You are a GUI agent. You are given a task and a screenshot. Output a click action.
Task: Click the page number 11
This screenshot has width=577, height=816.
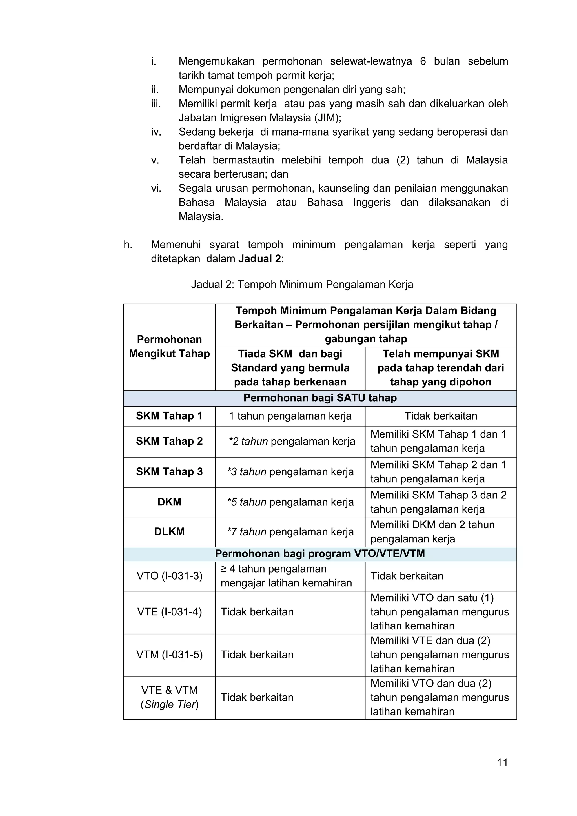point(502,762)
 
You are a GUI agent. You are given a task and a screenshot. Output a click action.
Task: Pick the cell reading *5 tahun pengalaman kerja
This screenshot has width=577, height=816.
point(290,502)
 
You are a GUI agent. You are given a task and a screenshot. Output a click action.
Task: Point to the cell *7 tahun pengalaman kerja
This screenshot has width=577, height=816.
point(290,532)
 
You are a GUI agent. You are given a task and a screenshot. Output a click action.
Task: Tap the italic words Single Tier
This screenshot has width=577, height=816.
point(170,704)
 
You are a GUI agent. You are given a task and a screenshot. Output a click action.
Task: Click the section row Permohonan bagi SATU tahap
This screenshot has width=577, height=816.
point(320,398)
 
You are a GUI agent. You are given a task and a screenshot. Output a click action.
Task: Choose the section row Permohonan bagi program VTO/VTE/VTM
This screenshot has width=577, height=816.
point(320,554)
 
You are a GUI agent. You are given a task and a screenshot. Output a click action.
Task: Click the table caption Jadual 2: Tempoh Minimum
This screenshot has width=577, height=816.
point(302,284)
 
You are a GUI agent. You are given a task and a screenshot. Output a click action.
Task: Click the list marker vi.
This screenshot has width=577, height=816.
point(156,188)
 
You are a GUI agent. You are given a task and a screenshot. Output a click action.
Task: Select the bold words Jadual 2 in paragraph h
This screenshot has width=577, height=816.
point(259,259)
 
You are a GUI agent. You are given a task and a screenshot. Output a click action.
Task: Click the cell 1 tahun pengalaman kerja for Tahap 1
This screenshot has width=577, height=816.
point(290,416)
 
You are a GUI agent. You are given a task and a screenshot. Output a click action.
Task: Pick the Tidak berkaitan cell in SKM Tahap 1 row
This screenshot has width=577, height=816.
point(441,416)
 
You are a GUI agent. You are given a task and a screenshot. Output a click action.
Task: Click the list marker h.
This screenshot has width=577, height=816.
point(128,245)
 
